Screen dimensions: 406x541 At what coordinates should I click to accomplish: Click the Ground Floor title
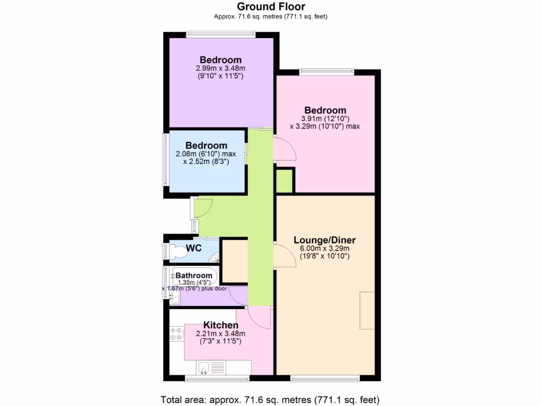[x=270, y=6]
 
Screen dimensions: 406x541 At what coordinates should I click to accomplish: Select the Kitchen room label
[x=220, y=325]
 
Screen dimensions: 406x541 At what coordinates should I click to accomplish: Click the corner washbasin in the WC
[x=214, y=257]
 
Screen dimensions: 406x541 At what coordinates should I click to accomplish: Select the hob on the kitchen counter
[x=176, y=334]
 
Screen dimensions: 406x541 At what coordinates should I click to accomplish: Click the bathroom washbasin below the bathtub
[x=174, y=298]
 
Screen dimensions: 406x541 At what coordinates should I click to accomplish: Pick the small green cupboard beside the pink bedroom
[x=284, y=181]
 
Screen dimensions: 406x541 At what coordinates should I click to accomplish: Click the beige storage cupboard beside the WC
[x=234, y=261]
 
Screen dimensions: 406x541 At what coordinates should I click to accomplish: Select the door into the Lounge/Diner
[x=285, y=256]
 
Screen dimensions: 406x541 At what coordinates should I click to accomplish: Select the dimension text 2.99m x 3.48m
[x=220, y=69]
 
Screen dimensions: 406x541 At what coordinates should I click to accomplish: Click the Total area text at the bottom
[x=270, y=399]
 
